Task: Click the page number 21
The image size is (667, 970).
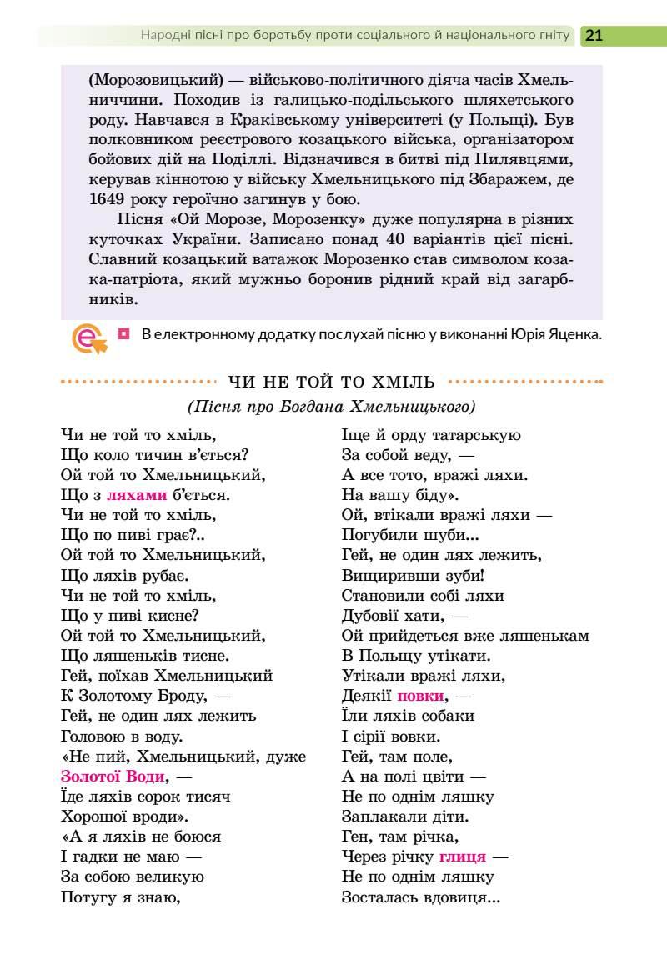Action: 594,36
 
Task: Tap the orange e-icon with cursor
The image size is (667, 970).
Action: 88,338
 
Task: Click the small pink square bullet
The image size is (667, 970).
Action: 124,334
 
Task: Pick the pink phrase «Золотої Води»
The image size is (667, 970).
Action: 113,777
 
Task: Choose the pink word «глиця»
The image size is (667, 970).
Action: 462,857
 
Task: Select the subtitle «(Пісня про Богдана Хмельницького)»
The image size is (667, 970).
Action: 332,407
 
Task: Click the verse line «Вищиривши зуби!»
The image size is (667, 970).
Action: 414,575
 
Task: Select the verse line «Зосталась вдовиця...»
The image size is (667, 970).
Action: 421,897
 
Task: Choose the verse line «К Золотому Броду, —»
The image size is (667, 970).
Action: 146,696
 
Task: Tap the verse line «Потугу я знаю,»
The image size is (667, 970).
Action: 122,897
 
